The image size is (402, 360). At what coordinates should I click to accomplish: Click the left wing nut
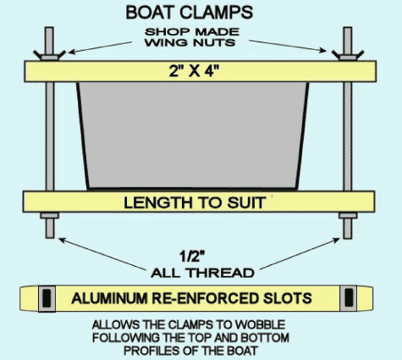click(49, 55)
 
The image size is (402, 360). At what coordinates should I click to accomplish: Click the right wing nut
click(348, 55)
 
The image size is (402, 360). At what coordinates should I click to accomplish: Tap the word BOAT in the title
click(150, 13)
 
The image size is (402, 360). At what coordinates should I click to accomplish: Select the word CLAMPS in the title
click(216, 13)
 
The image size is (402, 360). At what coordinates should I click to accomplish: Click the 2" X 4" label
click(194, 71)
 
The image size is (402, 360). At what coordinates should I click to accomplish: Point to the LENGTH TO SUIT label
click(195, 202)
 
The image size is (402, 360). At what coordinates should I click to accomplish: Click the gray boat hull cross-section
click(193, 136)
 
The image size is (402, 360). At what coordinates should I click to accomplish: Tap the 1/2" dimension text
click(192, 257)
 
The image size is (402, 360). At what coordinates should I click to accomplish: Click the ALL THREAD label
click(202, 273)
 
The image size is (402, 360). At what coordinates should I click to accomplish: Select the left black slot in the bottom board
click(47, 298)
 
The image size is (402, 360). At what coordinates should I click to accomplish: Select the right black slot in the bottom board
click(349, 298)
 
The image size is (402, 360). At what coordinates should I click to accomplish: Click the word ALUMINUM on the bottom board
click(109, 298)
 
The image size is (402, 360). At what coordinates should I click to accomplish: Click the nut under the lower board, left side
click(49, 216)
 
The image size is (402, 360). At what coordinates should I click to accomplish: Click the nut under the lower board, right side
click(348, 216)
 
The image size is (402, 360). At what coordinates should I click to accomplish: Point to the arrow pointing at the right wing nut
click(288, 46)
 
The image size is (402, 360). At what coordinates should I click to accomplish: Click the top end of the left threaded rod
click(49, 28)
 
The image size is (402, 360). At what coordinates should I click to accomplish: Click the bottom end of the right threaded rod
click(348, 238)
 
